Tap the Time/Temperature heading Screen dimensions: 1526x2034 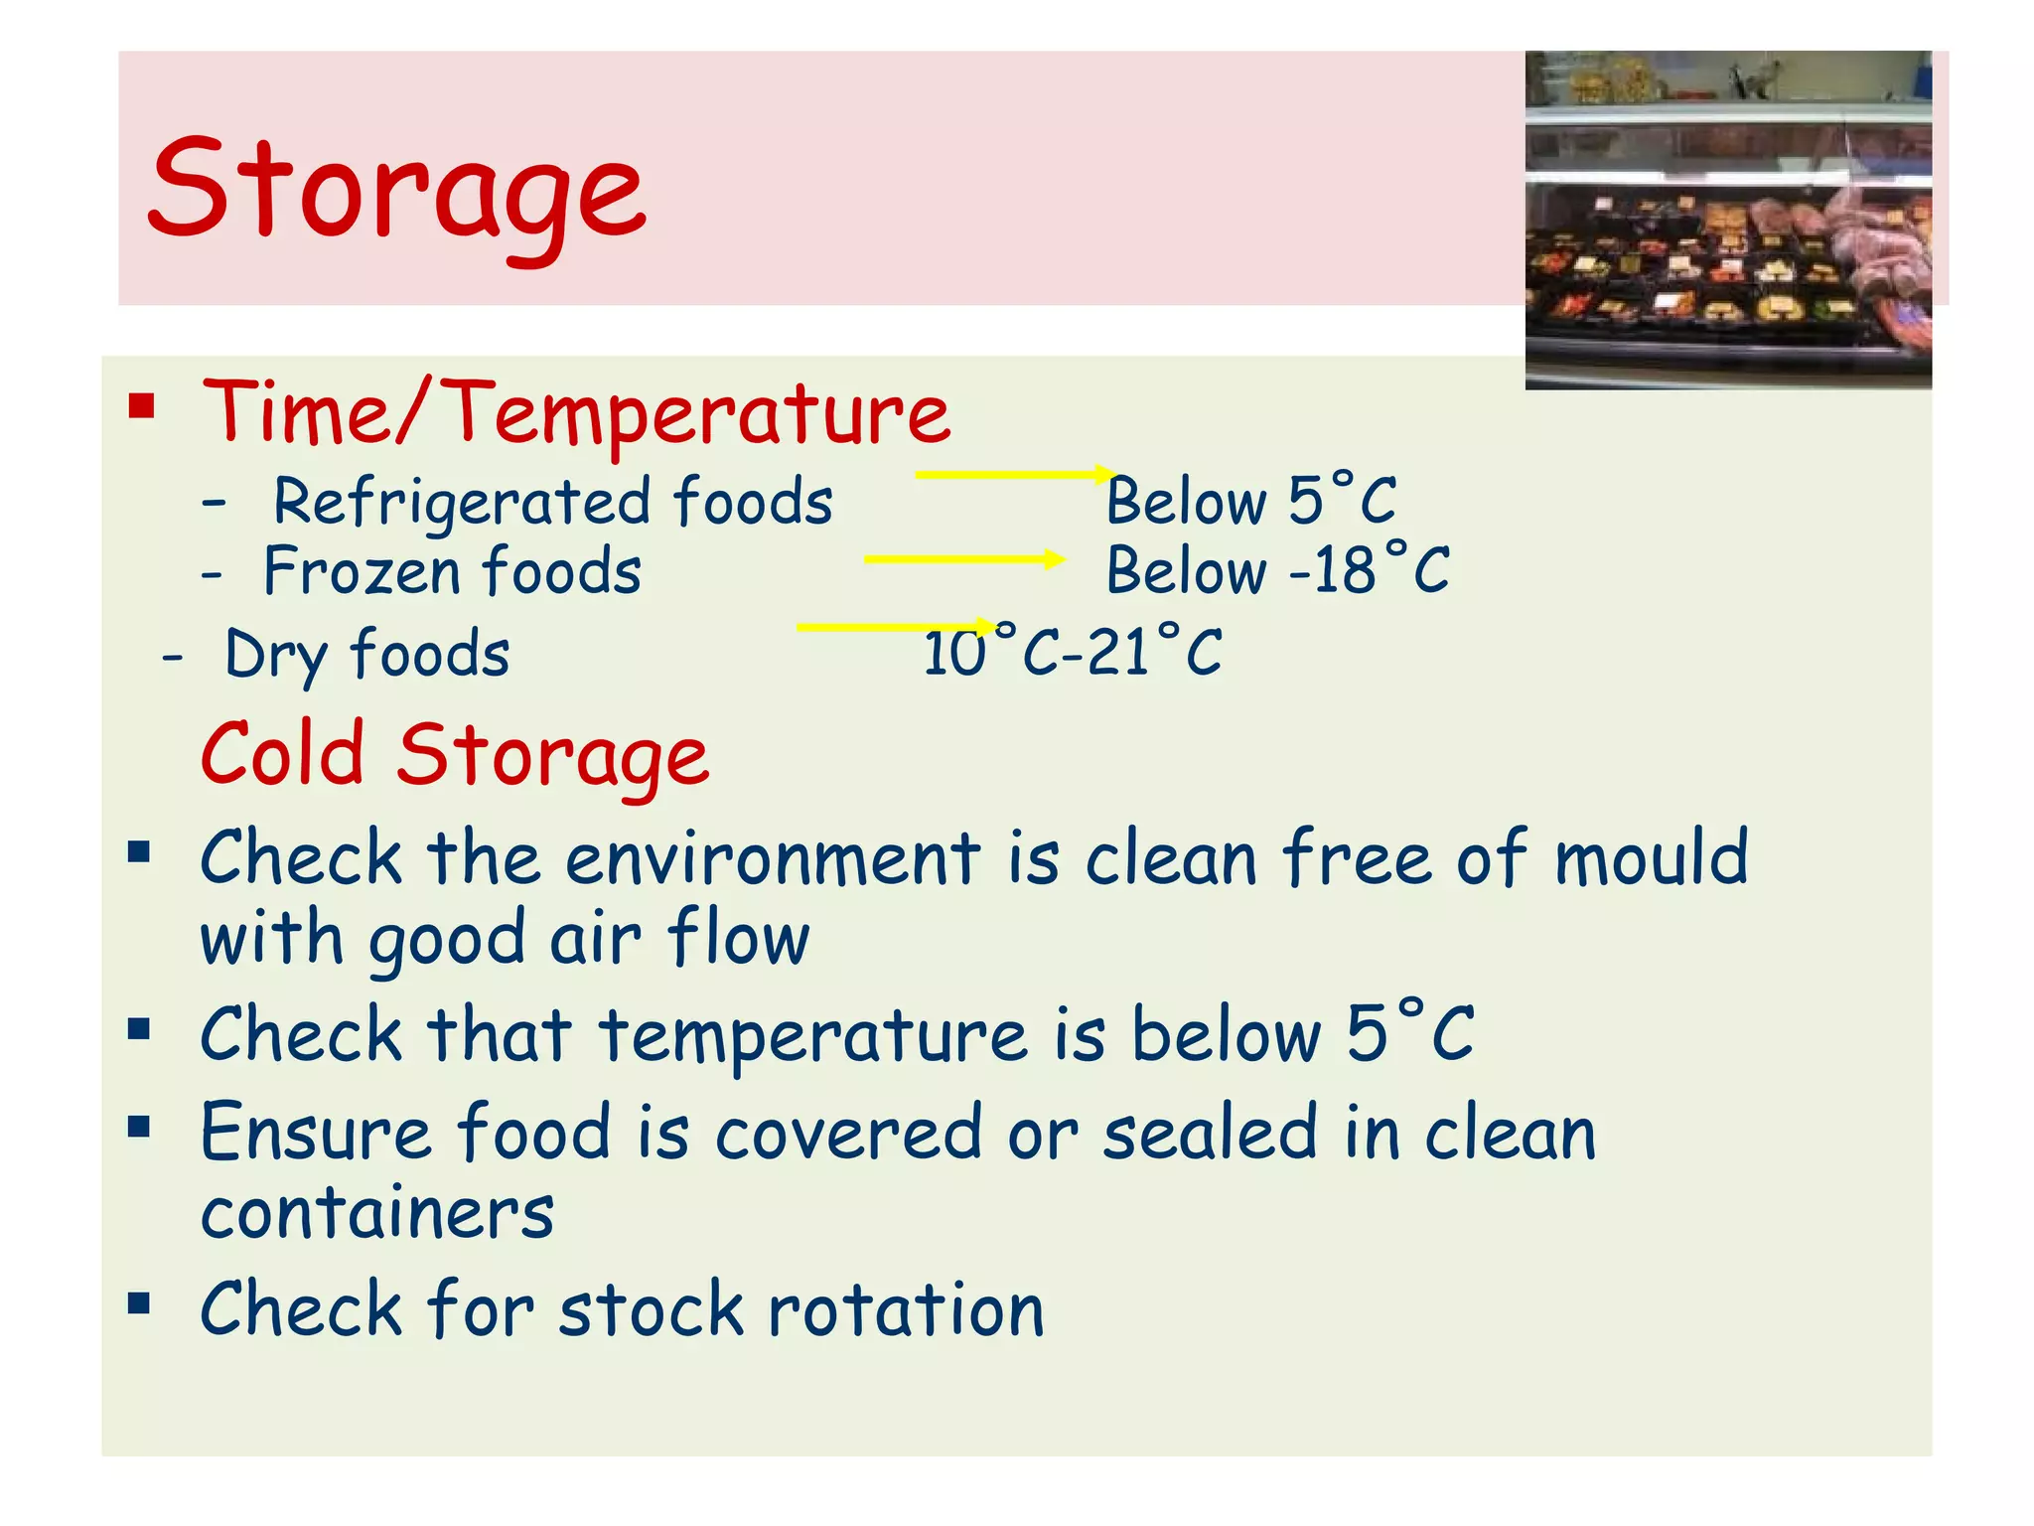click(576, 412)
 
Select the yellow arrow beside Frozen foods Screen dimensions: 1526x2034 click(964, 559)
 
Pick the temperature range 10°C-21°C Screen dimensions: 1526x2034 click(1073, 653)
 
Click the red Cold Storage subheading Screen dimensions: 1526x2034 click(455, 755)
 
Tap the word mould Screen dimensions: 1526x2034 click(1650, 857)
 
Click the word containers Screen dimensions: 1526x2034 click(377, 1213)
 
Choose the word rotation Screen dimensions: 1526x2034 click(906, 1309)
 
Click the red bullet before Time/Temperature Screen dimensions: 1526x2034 click(141, 407)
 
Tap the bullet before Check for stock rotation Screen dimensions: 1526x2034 click(139, 1302)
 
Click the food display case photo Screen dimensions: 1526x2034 click(1728, 220)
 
